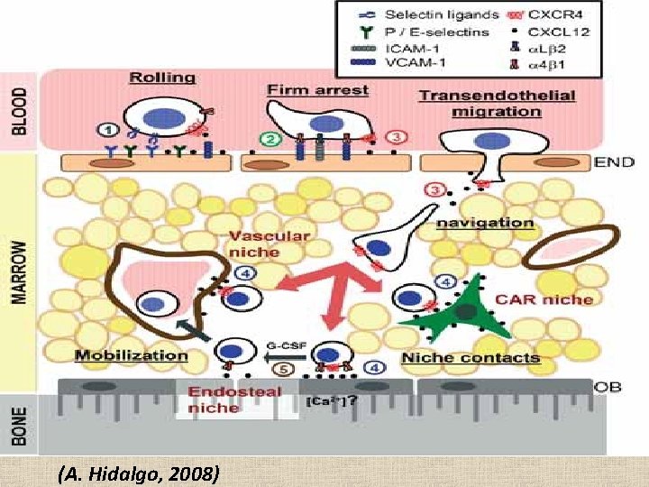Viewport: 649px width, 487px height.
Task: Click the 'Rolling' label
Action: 162,78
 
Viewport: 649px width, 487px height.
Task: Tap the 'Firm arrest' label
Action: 317,90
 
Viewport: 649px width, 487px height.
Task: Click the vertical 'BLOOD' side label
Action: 20,111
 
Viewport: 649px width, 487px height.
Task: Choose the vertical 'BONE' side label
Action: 20,429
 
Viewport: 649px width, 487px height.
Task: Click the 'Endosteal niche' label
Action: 233,400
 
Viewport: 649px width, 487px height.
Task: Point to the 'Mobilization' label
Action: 132,354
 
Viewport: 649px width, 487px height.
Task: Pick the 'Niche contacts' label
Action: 471,357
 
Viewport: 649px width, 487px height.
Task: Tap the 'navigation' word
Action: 483,222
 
